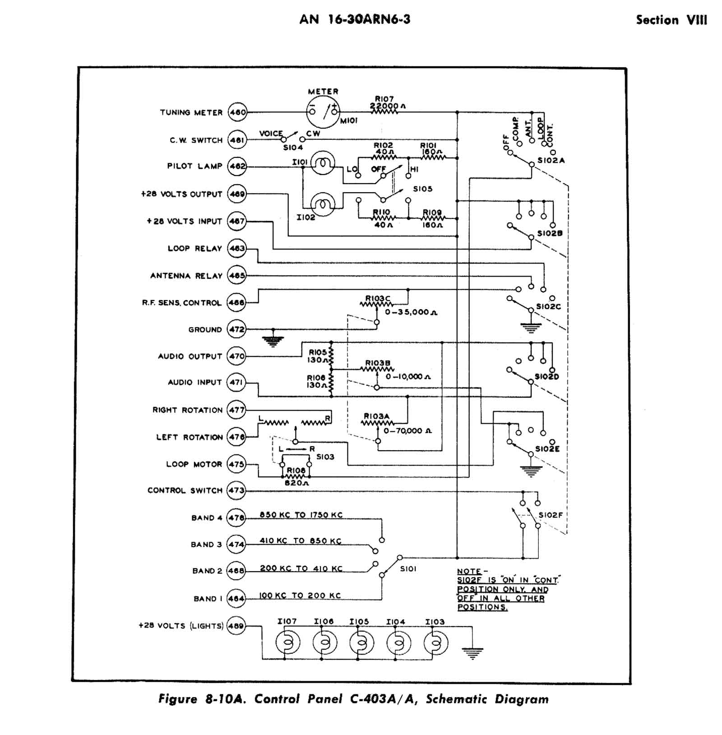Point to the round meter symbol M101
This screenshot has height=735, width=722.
[x=323, y=111]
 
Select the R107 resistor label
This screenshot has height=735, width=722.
[x=384, y=98]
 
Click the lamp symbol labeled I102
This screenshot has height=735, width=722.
[x=323, y=204]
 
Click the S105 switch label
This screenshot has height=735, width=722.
[x=422, y=189]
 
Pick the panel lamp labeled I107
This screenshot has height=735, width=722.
[x=287, y=643]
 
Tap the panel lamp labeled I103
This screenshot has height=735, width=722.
[x=435, y=643]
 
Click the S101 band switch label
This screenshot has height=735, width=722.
[x=408, y=569]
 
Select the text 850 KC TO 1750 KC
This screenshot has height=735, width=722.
[x=301, y=515]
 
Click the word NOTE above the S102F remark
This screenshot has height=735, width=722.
[x=469, y=571]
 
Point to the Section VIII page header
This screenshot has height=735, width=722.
[x=671, y=20]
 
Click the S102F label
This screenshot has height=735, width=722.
[x=550, y=515]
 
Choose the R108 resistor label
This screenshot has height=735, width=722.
[x=296, y=471]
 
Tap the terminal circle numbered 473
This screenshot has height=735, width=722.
[x=236, y=490]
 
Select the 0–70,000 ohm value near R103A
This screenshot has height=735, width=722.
[x=407, y=431]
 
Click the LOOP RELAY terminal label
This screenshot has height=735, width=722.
[x=194, y=249]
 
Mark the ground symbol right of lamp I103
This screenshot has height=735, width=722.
[x=472, y=652]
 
